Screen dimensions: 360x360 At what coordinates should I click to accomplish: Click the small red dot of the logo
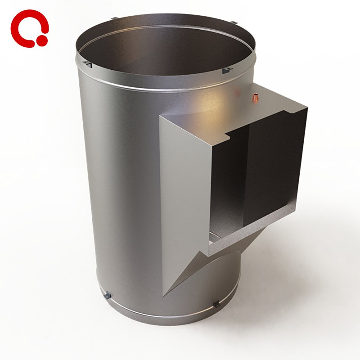coord(42,40)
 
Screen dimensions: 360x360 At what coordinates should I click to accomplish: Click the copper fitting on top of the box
coord(256,96)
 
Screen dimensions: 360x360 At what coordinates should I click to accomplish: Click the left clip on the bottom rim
coord(107,296)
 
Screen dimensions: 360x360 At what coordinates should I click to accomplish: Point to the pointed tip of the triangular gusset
coord(164,295)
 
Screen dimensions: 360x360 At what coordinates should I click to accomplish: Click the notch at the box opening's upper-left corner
coord(227,135)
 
